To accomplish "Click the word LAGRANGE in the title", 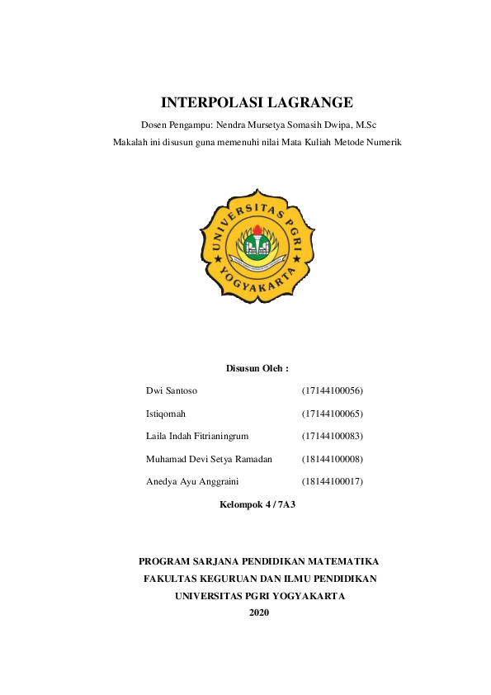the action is [310, 103].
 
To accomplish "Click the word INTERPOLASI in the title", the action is [213, 103].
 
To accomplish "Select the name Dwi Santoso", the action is [172, 390].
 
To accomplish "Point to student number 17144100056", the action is [333, 390].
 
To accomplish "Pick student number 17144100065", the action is [333, 413].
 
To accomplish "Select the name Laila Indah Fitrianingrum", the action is [196, 435].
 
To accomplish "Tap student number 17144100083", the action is [333, 435].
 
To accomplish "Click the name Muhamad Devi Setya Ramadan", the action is [209, 458].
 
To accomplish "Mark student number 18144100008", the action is [333, 458].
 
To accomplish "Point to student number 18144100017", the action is [333, 480].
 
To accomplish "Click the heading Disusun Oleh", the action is [257, 367].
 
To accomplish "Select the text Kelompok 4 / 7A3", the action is [257, 503].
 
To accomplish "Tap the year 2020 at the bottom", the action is [259, 612].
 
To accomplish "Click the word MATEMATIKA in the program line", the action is [340, 561].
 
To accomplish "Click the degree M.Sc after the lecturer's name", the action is [365, 125].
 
